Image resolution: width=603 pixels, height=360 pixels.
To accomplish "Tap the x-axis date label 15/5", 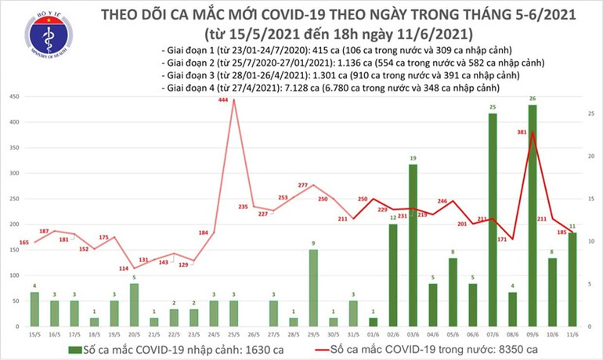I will pyautogui.click(x=34, y=333).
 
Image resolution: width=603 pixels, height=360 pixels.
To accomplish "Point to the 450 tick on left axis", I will pyautogui.click(x=13, y=97).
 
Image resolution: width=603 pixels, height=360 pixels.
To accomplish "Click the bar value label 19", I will pyautogui.click(x=413, y=158).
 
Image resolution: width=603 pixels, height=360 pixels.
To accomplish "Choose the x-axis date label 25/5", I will pyautogui.click(x=233, y=333).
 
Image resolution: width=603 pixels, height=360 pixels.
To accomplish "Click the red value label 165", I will pyautogui.click(x=23, y=243).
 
